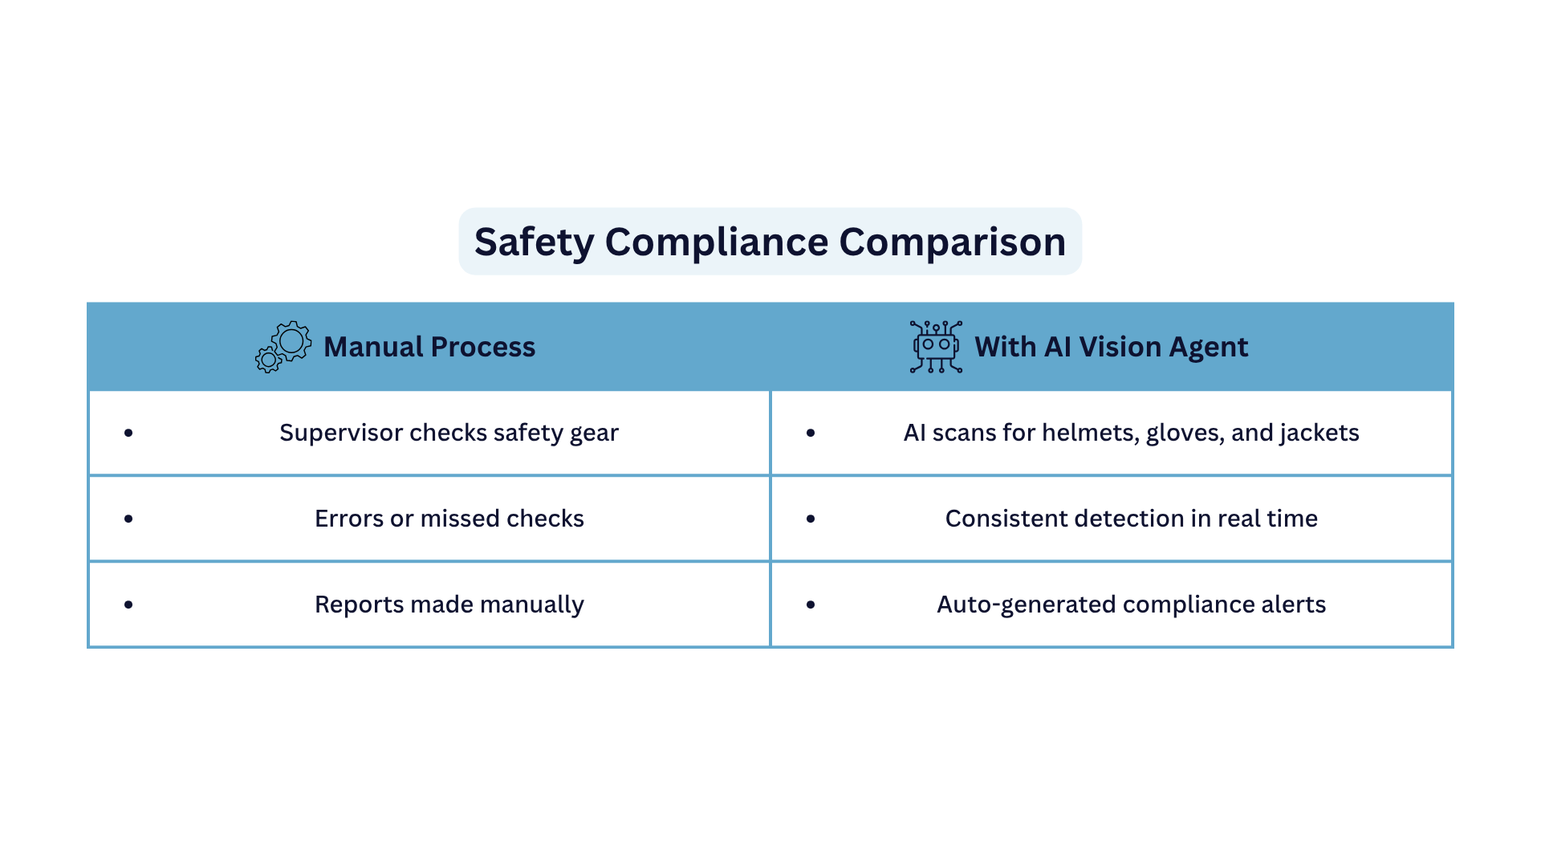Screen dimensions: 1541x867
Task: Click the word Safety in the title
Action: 534,242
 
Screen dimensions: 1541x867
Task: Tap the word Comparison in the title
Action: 953,242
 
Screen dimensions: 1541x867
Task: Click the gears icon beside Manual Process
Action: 283,347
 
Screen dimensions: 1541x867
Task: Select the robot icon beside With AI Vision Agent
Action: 936,347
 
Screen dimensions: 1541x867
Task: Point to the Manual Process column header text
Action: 429,347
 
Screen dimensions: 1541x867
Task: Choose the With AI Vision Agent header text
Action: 1112,347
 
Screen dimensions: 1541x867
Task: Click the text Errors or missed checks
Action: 449,519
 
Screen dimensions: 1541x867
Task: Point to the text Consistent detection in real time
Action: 1132,519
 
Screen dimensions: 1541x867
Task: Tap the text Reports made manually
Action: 449,604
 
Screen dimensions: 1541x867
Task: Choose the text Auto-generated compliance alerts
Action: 1132,604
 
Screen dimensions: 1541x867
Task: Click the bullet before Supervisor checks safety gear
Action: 128,433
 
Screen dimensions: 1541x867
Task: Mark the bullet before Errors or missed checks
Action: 128,519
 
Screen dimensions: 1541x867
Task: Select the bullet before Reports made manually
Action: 128,604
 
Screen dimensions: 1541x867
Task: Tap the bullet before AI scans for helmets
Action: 811,433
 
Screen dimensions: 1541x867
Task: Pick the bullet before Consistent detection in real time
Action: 811,519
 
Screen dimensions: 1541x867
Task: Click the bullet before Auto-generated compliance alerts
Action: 811,604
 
